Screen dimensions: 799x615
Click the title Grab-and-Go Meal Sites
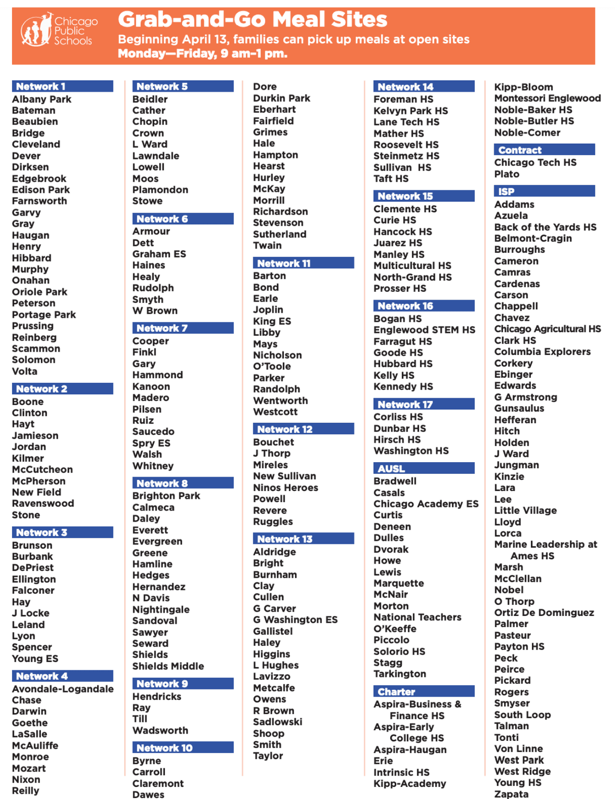252,20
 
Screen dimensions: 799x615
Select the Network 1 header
62,86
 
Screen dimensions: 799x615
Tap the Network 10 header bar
183,748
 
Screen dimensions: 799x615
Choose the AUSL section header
424,468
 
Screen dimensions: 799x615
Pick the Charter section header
424,692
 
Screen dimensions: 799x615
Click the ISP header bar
544,191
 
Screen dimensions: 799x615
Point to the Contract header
544,150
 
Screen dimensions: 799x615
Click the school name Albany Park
42,99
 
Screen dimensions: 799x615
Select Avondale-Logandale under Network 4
62,689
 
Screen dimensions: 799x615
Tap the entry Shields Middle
168,666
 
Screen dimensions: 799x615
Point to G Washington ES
295,620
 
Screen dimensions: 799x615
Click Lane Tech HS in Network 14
406,122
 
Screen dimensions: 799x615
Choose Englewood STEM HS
424,330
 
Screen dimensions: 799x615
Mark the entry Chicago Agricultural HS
547,329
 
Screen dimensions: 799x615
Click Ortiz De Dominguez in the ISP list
544,613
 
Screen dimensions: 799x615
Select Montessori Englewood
547,98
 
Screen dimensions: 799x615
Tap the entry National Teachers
417,617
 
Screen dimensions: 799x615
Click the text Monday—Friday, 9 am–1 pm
202,53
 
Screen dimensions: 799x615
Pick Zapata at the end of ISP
511,794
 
